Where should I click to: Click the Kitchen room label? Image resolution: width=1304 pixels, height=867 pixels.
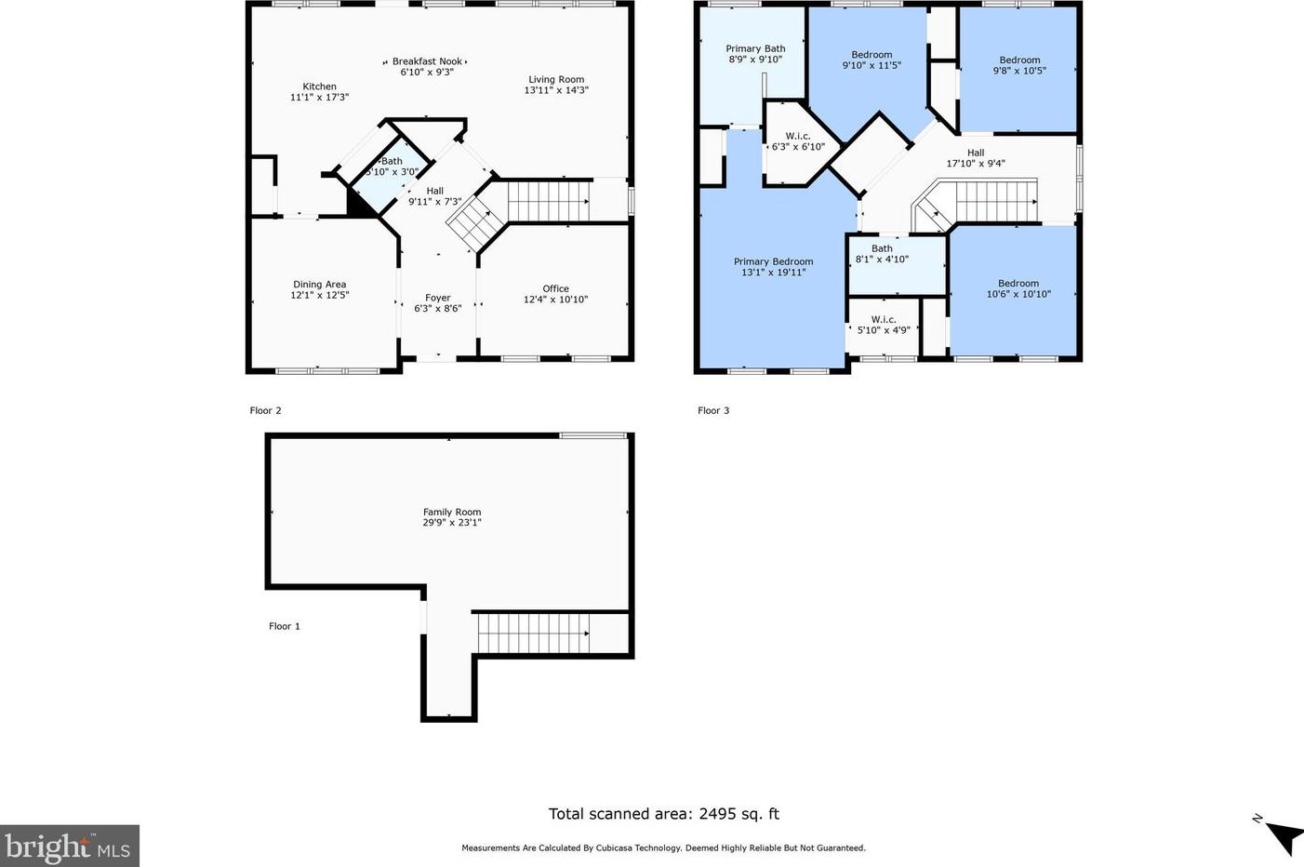coord(319,87)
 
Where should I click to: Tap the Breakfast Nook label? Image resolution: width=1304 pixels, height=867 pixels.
coord(427,61)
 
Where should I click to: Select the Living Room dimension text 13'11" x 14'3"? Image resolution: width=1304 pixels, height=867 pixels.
coord(556,90)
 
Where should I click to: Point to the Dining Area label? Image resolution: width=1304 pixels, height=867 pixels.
coord(320,284)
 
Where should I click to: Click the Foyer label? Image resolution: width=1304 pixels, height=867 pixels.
coord(438,298)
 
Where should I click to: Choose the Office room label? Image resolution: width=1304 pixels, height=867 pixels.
coord(555,288)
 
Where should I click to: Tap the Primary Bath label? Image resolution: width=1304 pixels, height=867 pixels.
coord(755,48)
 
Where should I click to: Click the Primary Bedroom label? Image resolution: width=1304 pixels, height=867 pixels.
coord(773,261)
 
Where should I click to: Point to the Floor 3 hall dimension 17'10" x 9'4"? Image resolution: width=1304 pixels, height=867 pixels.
coord(976,164)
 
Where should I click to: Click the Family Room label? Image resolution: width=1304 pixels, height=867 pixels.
coord(452,512)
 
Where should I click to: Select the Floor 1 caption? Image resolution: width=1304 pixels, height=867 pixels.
coord(284,626)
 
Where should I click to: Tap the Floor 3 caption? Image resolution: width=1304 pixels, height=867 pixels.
coord(713,410)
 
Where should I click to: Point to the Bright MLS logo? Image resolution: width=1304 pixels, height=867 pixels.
coord(69,846)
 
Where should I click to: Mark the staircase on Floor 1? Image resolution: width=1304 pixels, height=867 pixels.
coord(533,634)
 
